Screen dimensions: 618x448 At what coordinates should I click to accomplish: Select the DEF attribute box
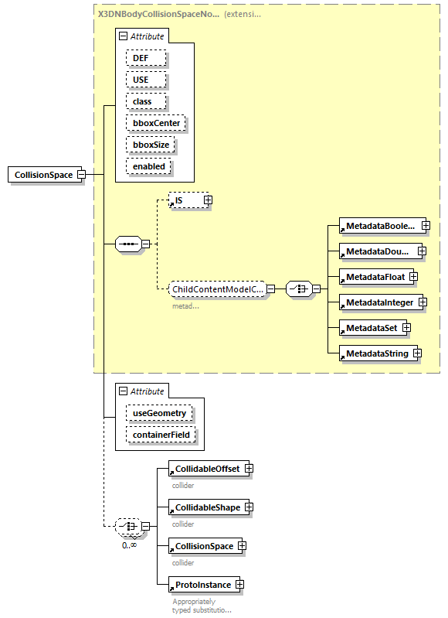[141, 58]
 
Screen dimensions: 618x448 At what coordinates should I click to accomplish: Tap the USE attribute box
[141, 80]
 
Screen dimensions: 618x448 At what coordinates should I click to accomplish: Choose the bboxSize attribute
[151, 145]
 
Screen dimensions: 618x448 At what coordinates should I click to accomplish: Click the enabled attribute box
[148, 166]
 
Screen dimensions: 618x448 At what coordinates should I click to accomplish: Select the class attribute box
[142, 101]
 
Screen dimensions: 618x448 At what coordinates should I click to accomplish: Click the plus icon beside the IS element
[207, 200]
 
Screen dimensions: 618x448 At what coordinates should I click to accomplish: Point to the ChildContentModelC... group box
[218, 289]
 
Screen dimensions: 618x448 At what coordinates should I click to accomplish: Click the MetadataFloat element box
[375, 276]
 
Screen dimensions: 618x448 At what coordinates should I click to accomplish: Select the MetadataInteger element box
[378, 302]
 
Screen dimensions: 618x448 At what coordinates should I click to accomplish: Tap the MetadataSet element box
[372, 328]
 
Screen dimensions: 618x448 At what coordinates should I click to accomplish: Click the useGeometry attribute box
[159, 413]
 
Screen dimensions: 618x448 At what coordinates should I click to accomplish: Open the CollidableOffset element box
[206, 469]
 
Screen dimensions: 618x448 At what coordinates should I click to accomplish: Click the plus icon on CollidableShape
[248, 507]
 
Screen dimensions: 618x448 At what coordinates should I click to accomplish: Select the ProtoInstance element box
[202, 585]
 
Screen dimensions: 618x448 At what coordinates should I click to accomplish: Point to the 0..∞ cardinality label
[129, 545]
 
